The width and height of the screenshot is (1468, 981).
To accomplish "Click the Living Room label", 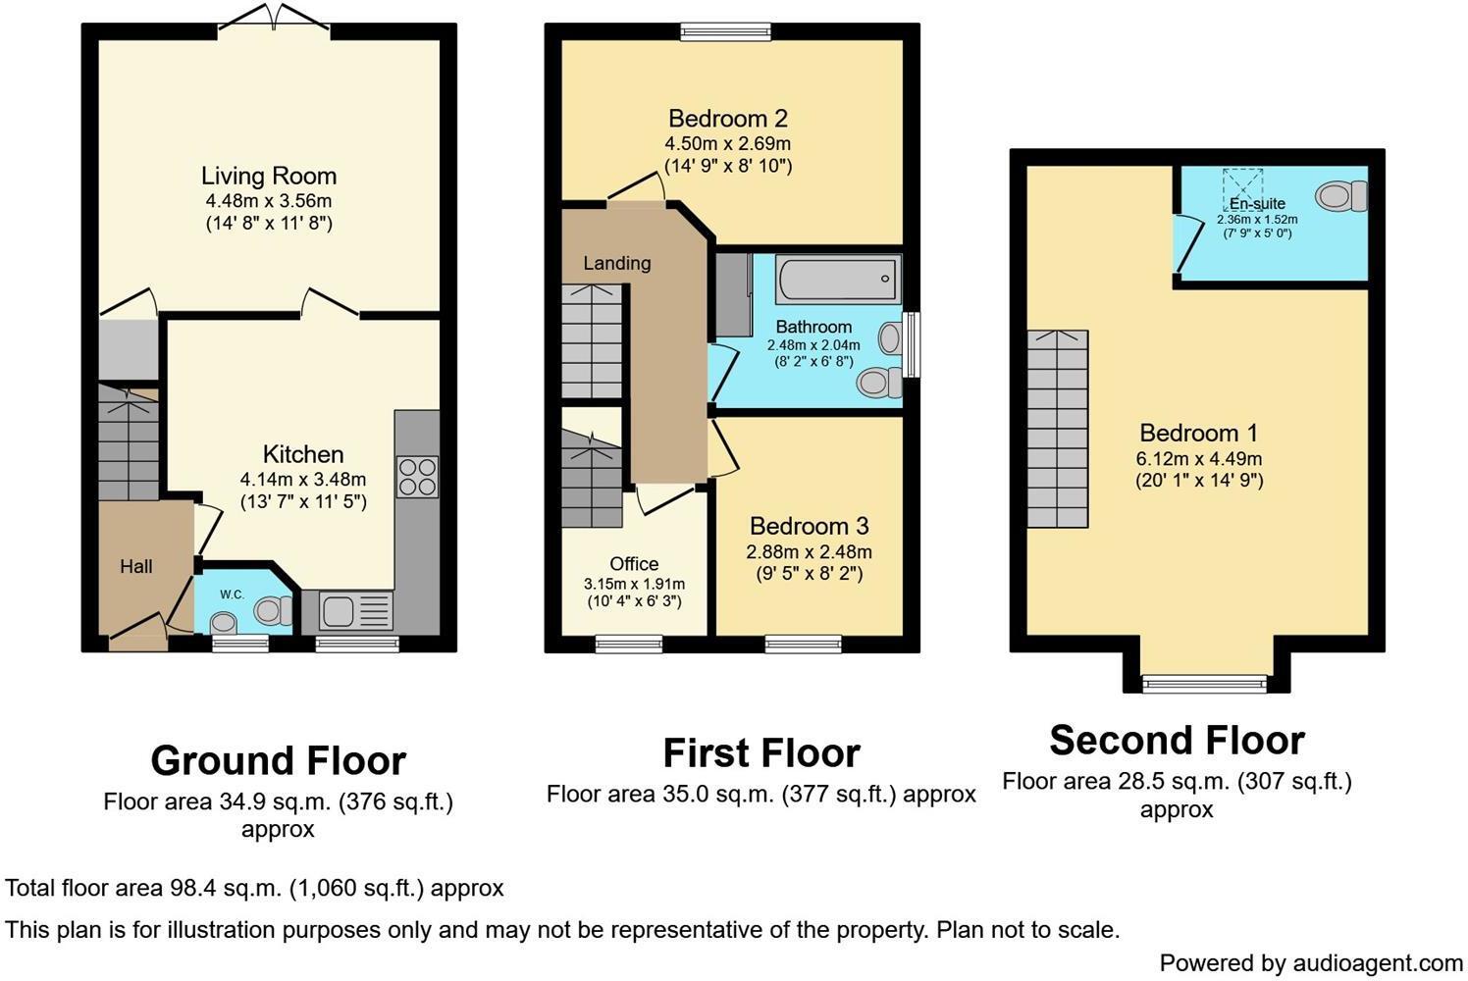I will pos(269,177).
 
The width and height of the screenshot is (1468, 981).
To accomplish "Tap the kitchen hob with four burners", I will pos(417,477).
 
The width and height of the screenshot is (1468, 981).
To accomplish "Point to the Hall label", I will pos(136,566).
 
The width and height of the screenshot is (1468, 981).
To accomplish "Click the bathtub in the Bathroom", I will pos(837,280).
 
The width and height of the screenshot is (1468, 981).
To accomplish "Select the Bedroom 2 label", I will pos(728,119).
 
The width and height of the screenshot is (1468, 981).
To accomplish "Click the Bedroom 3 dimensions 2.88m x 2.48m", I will pos(809,551).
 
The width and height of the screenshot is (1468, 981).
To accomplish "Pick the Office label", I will pos(634,564).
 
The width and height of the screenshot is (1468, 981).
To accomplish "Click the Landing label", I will pos(616,263).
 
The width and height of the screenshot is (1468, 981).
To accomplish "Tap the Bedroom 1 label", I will pos(1198,433).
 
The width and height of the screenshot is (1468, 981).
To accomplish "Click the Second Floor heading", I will pos(1177,740).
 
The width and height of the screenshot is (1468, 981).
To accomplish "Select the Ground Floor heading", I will pos(278,760).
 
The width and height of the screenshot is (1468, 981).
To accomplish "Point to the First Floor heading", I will pos(761,753).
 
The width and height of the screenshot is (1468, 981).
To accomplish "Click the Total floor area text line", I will pos(254,889).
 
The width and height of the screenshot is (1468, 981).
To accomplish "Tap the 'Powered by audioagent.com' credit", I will pos(1311,962).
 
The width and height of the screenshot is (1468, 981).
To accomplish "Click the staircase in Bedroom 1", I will pos(1058,429).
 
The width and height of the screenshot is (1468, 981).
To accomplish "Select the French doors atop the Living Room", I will pos(274,20).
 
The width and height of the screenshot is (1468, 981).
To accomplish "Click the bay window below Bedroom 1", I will pos(1206,682).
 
